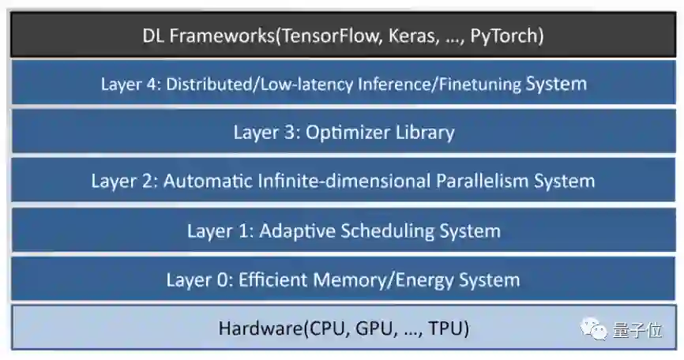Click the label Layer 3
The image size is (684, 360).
click(257, 132)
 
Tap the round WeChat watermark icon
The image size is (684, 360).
click(594, 328)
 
